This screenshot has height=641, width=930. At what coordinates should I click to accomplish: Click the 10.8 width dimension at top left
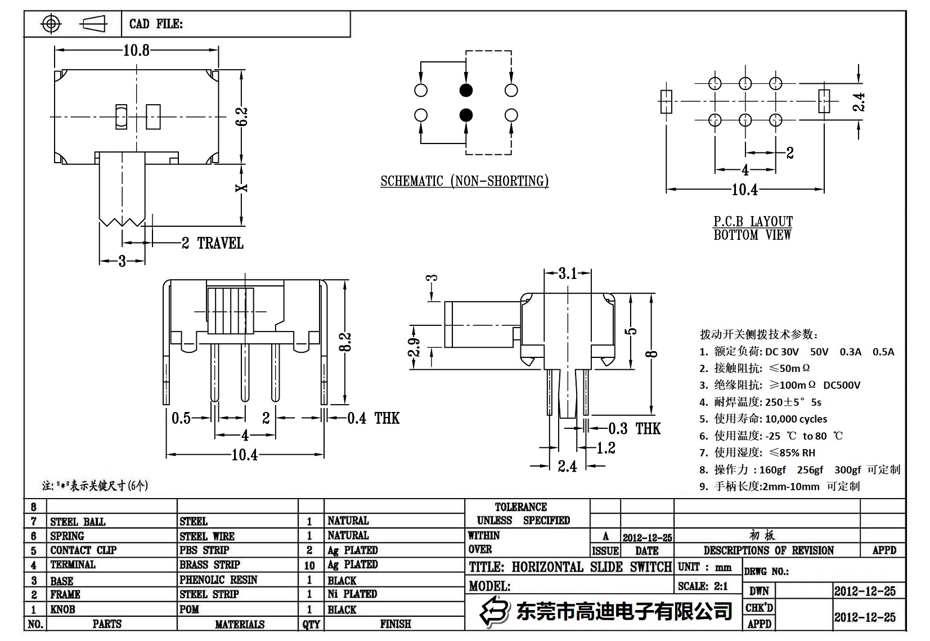136,51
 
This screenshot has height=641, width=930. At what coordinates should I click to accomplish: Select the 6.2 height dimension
242,116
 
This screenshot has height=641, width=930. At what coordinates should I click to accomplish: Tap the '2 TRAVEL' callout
213,243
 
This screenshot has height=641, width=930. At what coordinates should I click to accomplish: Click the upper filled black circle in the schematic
466,90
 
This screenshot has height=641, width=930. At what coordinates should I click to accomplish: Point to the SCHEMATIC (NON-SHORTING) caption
464,181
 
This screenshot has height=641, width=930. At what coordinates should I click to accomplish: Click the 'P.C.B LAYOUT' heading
753,221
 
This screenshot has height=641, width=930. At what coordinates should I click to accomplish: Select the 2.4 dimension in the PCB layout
859,102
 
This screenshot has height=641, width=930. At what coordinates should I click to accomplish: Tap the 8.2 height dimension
345,342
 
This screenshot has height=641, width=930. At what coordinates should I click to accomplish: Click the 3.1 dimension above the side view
568,274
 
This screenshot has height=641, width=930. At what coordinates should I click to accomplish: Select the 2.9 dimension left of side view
414,347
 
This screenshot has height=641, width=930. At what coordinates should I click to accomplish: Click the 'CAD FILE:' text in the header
156,24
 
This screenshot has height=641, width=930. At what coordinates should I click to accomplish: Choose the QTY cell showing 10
309,565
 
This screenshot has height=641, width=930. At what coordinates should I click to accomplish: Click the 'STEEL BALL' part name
78,522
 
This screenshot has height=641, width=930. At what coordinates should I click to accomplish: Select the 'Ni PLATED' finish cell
352,594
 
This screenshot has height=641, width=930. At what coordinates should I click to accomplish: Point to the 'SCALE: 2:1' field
703,586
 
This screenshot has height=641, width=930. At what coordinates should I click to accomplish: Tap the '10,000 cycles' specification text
796,419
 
